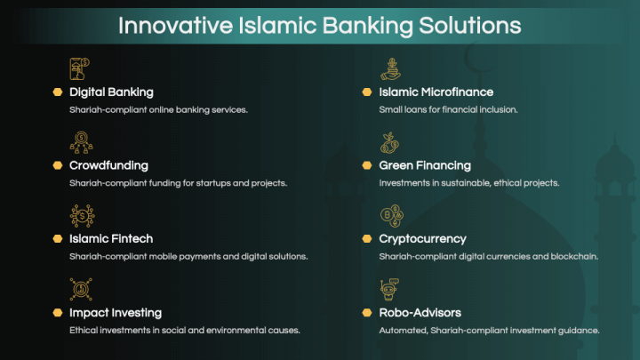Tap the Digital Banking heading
[x=111, y=92]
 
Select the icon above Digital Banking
[x=80, y=68]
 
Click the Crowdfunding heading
[x=108, y=165]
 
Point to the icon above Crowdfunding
[x=80, y=142]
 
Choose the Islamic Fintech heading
[x=111, y=238]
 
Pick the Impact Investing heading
[x=116, y=312]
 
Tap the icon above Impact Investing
[x=80, y=289]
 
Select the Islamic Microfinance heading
[x=436, y=92]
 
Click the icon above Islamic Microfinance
[x=390, y=68]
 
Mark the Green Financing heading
[x=425, y=165]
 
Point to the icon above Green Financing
[x=389, y=142]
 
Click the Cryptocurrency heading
[x=423, y=238]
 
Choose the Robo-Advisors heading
[x=420, y=312]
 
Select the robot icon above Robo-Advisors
[x=389, y=289]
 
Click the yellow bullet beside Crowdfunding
[x=57, y=165]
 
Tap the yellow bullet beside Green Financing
[x=366, y=165]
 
